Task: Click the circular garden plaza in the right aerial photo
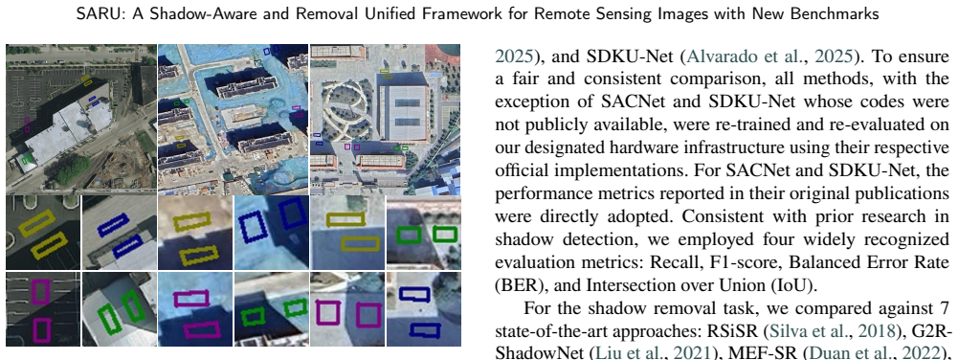(345, 108)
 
